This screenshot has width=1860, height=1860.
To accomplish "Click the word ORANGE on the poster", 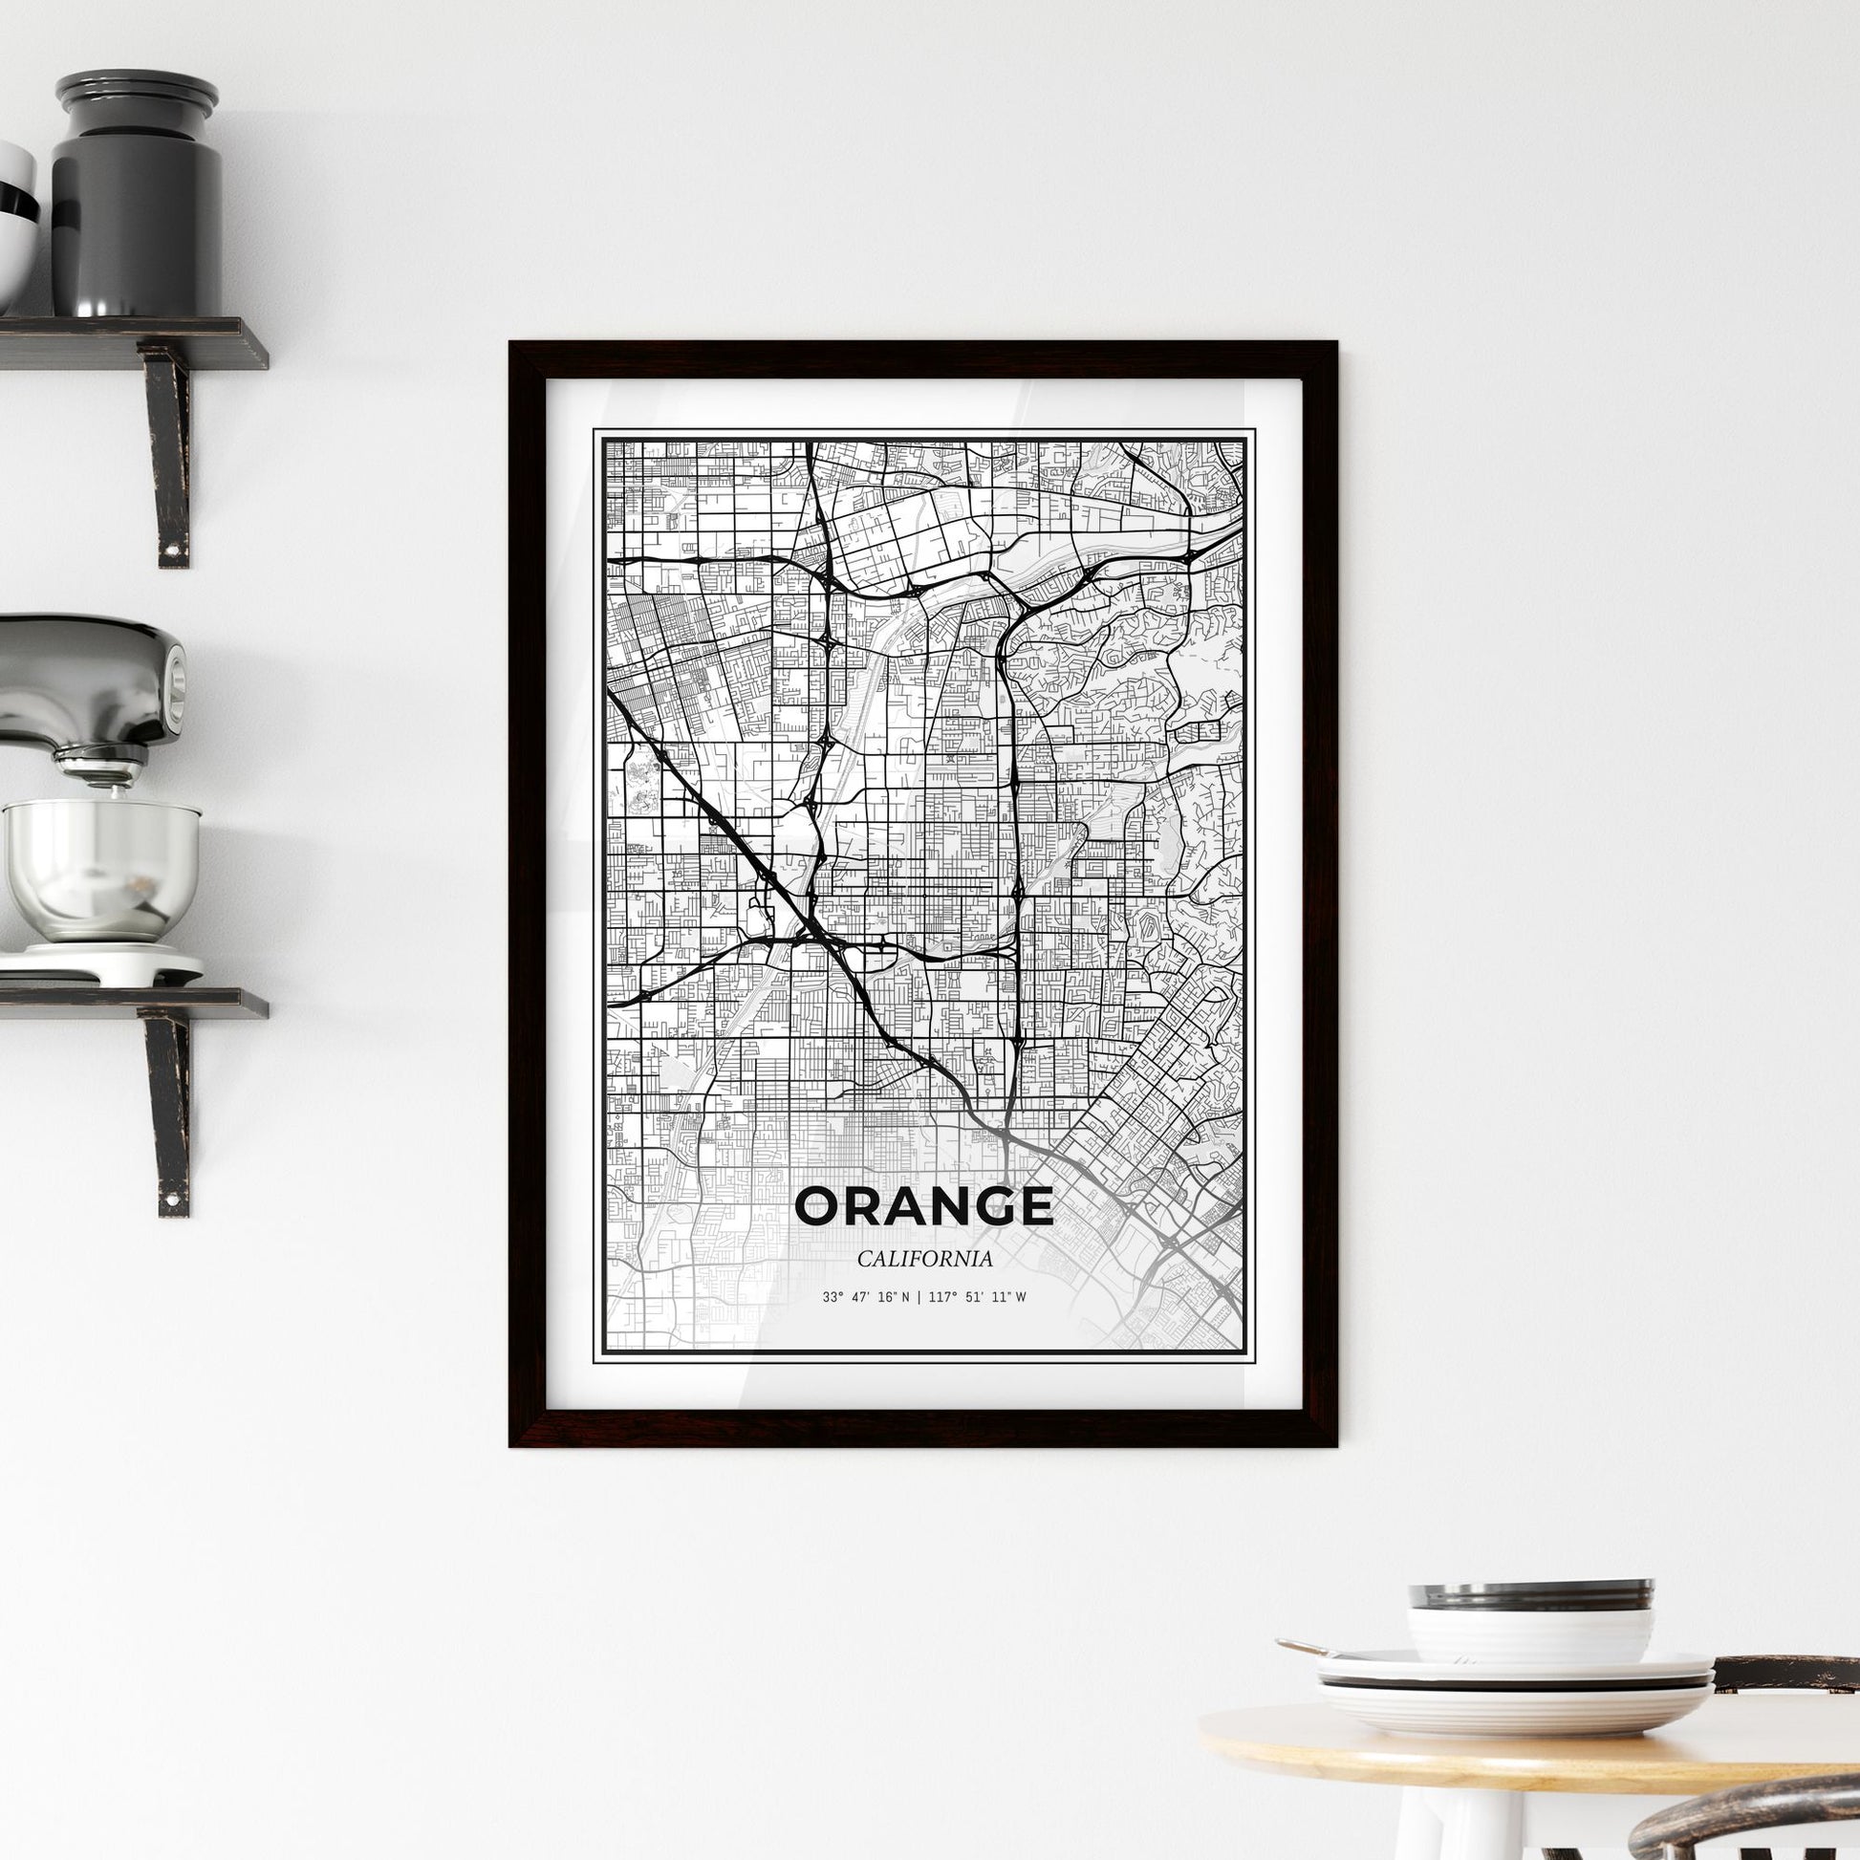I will point(924,1207).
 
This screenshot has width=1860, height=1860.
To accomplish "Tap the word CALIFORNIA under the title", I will point(924,1258).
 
